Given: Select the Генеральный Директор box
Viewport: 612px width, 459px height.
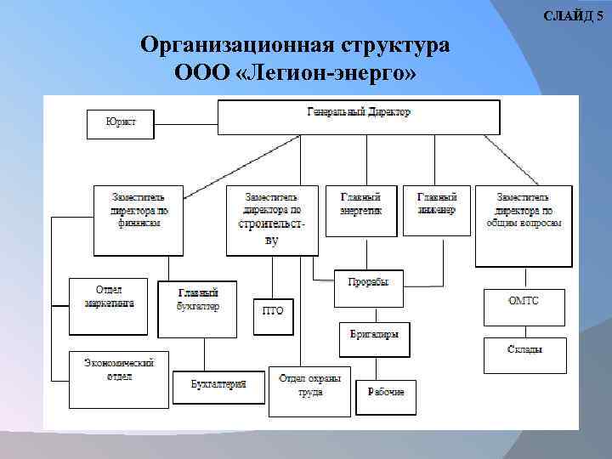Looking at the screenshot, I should tap(358, 117).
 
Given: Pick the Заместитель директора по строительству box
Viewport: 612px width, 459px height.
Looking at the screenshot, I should tap(272, 219).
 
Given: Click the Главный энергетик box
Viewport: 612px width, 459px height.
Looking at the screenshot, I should tap(360, 210).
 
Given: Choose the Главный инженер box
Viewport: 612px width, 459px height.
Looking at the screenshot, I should tap(437, 210).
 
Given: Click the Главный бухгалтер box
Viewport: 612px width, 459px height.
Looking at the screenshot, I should tap(197, 309).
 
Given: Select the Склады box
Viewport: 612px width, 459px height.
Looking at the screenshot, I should tap(525, 355).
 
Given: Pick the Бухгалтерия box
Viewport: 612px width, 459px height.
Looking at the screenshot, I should tap(218, 386).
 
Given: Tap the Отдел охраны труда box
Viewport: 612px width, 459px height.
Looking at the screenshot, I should tap(309, 390).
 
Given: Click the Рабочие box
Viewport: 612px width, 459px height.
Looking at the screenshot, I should tap(386, 397).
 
